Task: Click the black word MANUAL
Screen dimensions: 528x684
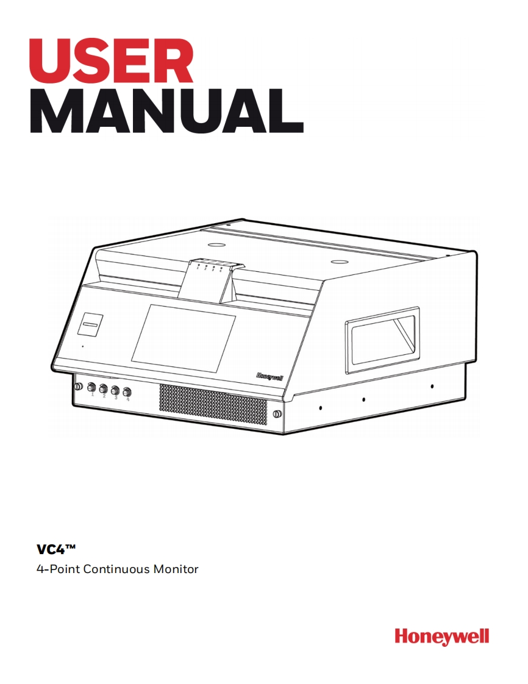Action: [166, 112]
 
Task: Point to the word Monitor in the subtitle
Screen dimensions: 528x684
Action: [176, 570]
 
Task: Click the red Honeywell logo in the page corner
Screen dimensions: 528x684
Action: [441, 636]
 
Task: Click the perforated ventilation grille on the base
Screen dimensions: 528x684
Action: [213, 405]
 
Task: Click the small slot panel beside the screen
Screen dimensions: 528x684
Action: [90, 325]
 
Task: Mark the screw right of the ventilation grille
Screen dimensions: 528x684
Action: [277, 415]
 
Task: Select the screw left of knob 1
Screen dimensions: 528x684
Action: [78, 387]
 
